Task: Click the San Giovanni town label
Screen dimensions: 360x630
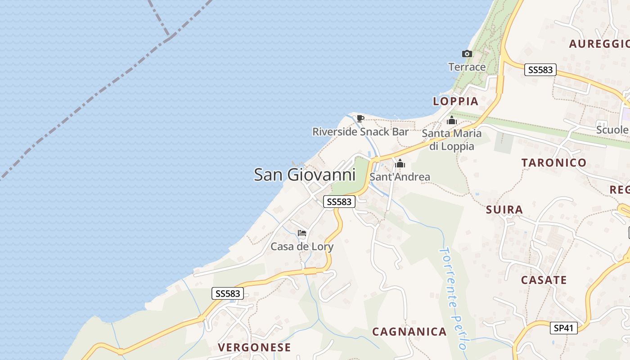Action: click(x=305, y=175)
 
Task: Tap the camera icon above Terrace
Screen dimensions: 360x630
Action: click(x=467, y=54)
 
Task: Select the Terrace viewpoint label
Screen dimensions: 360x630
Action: click(x=467, y=67)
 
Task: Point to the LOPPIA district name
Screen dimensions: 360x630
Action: click(x=455, y=101)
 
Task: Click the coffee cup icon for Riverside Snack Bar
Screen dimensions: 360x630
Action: click(x=360, y=119)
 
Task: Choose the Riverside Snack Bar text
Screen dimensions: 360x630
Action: click(x=360, y=132)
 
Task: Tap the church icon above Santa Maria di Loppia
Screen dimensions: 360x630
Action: click(x=452, y=121)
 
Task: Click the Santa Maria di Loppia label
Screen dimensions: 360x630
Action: click(x=452, y=139)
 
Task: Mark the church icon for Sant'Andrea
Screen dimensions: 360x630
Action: click(x=400, y=164)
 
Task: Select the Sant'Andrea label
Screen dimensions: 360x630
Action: click(x=400, y=177)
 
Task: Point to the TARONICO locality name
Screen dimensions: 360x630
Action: click(x=554, y=163)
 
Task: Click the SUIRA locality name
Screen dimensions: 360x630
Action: click(x=504, y=210)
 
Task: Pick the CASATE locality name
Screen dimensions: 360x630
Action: click(x=544, y=280)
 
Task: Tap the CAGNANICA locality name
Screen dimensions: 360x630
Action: click(x=409, y=332)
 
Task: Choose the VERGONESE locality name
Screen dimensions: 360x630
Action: click(x=254, y=347)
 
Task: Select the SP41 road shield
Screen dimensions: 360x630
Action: click(x=564, y=328)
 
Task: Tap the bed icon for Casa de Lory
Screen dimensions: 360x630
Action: click(x=302, y=233)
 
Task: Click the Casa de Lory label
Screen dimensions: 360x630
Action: click(x=302, y=247)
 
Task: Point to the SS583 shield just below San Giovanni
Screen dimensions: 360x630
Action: click(x=339, y=202)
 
